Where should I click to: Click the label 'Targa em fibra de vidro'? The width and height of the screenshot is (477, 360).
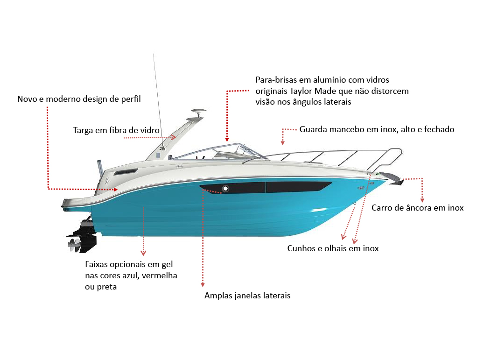click(116, 130)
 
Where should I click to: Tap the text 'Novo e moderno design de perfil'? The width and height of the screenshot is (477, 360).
click(79, 99)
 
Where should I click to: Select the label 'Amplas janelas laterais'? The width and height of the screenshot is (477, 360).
click(247, 296)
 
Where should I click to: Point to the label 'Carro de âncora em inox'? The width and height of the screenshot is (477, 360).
click(417, 208)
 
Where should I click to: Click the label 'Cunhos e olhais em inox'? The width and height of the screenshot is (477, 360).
click(333, 248)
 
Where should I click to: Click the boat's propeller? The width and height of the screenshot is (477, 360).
click(74, 244)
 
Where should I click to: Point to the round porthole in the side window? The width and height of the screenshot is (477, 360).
click(225, 189)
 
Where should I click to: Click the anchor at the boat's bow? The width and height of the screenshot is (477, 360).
click(393, 178)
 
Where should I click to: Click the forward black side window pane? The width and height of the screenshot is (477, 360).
click(298, 187)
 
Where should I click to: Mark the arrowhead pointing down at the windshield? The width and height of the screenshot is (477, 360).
click(227, 139)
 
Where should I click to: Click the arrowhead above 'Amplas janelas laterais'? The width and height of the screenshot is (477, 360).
click(203, 285)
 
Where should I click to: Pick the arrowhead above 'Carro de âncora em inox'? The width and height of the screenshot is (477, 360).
click(422, 200)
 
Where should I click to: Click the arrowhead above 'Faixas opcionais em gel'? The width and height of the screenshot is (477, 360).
click(143, 253)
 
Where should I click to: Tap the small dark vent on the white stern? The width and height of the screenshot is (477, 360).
click(126, 172)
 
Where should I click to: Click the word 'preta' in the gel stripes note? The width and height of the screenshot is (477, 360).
click(106, 287)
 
